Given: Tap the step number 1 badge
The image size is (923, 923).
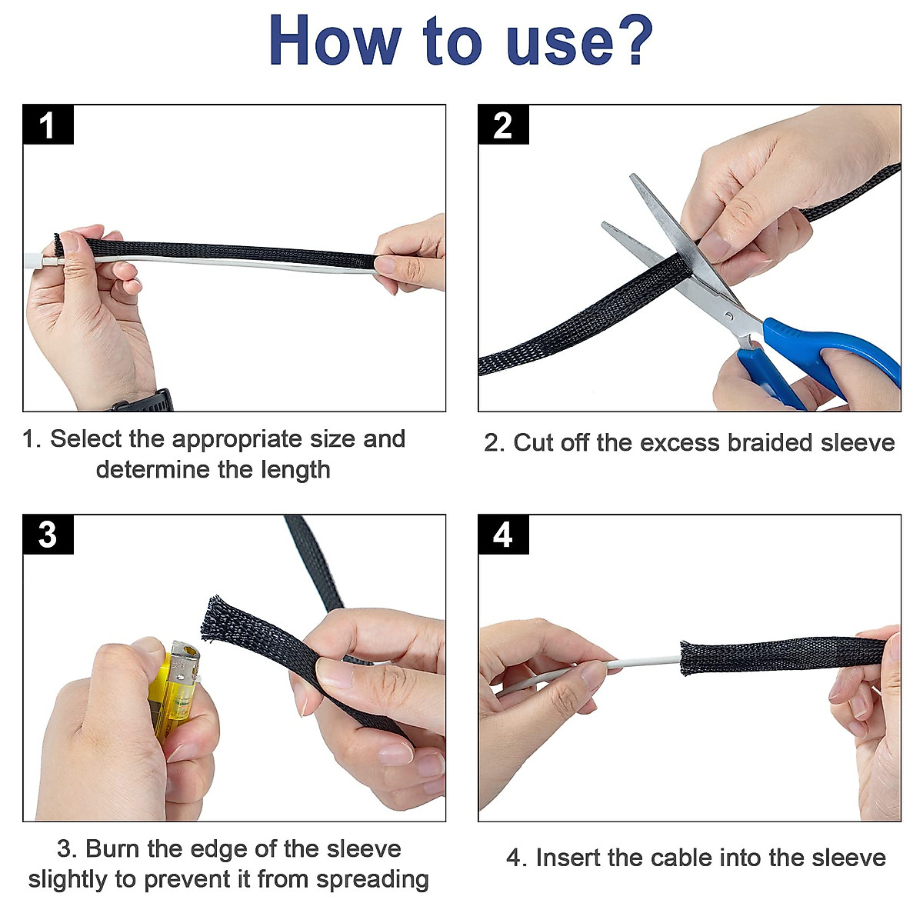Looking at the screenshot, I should tap(48, 125).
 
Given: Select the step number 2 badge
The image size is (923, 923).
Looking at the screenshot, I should tap(503, 125).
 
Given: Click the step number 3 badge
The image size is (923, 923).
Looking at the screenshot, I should tap(48, 535).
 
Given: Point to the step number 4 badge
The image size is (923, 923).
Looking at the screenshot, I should tap(503, 535).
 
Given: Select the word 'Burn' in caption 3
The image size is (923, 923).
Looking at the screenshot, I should tap(113, 849).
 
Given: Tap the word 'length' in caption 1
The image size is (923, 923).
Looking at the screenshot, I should tap(295, 470).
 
